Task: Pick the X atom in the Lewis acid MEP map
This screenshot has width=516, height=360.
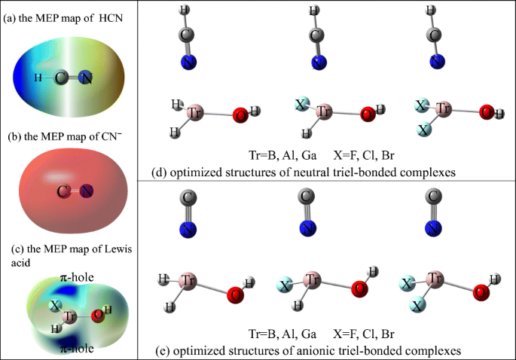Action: point(55,306)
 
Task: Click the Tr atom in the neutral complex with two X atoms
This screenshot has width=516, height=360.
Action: point(443,110)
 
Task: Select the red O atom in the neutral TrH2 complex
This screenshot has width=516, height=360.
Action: point(240,115)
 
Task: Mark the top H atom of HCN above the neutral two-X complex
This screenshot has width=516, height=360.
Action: point(432,11)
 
